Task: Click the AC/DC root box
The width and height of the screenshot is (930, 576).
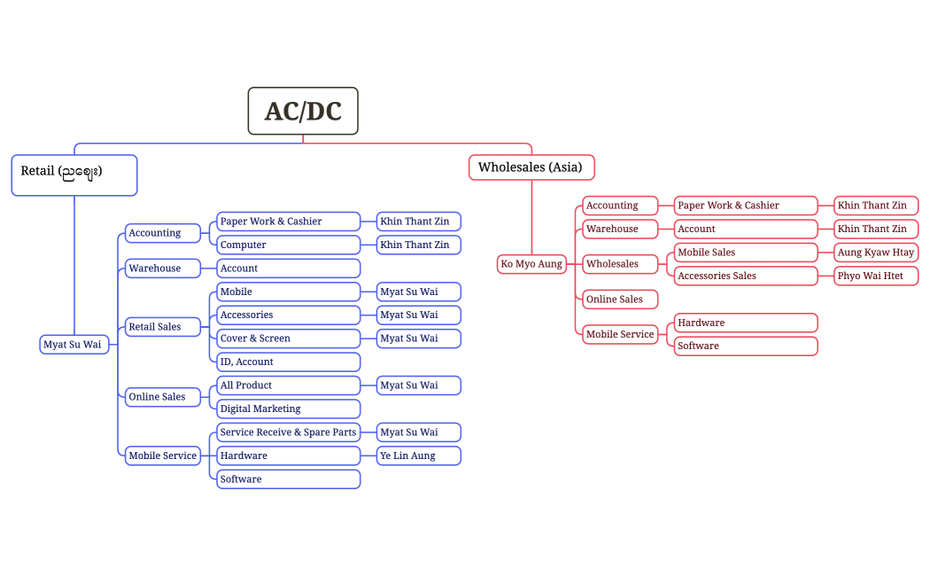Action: (303, 111)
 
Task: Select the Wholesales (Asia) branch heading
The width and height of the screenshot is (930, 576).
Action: (531, 167)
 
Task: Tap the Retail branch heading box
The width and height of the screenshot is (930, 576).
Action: (74, 175)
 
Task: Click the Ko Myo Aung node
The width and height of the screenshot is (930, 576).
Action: (531, 264)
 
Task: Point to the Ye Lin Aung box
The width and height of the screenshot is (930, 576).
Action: (418, 455)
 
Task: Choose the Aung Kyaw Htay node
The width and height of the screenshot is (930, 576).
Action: (876, 253)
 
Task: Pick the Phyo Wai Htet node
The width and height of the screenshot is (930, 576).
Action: (876, 276)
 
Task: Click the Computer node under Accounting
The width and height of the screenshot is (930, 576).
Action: (288, 245)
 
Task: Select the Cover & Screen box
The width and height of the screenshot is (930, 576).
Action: (288, 339)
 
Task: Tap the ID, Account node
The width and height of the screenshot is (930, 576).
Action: (288, 362)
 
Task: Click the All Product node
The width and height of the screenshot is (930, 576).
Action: (288, 385)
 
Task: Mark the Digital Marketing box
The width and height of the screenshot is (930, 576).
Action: (288, 409)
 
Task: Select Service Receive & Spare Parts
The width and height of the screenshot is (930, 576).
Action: (288, 432)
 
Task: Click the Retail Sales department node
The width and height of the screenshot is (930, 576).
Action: (163, 327)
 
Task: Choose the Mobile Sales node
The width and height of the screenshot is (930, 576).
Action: (746, 253)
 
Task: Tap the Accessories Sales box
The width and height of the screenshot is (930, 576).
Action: (746, 276)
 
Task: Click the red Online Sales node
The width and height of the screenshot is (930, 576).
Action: (620, 300)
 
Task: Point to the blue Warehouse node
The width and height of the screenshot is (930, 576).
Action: (163, 269)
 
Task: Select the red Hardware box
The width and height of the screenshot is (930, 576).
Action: (746, 323)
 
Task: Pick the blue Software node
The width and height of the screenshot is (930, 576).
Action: (288, 479)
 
